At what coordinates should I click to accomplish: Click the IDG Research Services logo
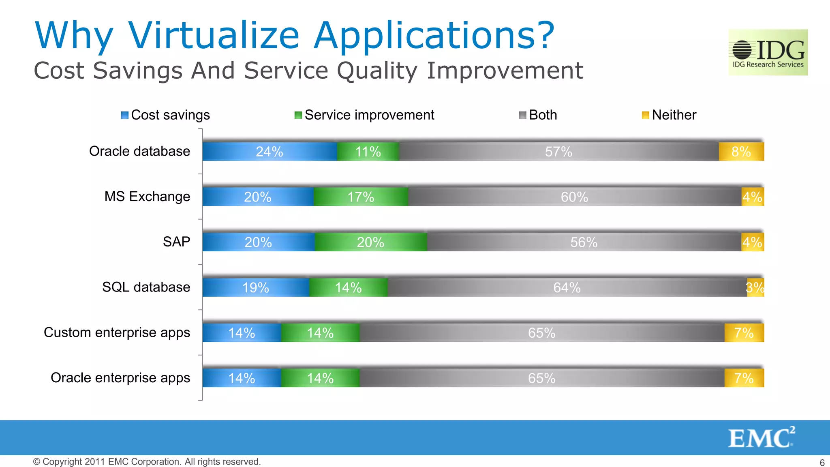[768, 52]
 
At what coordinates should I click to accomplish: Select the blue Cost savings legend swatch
[124, 115]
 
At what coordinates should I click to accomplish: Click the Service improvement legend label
[369, 115]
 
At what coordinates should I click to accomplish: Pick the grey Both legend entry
[538, 115]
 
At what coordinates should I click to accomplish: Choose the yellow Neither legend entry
[669, 115]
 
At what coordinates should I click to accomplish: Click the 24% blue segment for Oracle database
[270, 152]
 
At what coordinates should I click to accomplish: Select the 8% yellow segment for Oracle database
[741, 152]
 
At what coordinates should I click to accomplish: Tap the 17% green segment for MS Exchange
[361, 197]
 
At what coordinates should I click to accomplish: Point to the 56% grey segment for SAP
[584, 242]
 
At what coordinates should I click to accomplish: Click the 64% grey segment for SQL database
[567, 288]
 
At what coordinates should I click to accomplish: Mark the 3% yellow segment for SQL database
[755, 288]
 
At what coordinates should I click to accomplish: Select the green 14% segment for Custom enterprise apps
[320, 333]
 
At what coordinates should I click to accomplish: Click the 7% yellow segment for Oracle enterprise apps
[744, 378]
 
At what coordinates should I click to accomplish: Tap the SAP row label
[176, 242]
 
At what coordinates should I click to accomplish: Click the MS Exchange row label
[147, 197]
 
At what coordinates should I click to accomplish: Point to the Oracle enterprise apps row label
[120, 378]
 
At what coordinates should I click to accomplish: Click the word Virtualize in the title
[214, 35]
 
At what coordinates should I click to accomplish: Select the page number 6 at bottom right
[822, 463]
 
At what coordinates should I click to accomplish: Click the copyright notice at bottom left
[147, 462]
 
